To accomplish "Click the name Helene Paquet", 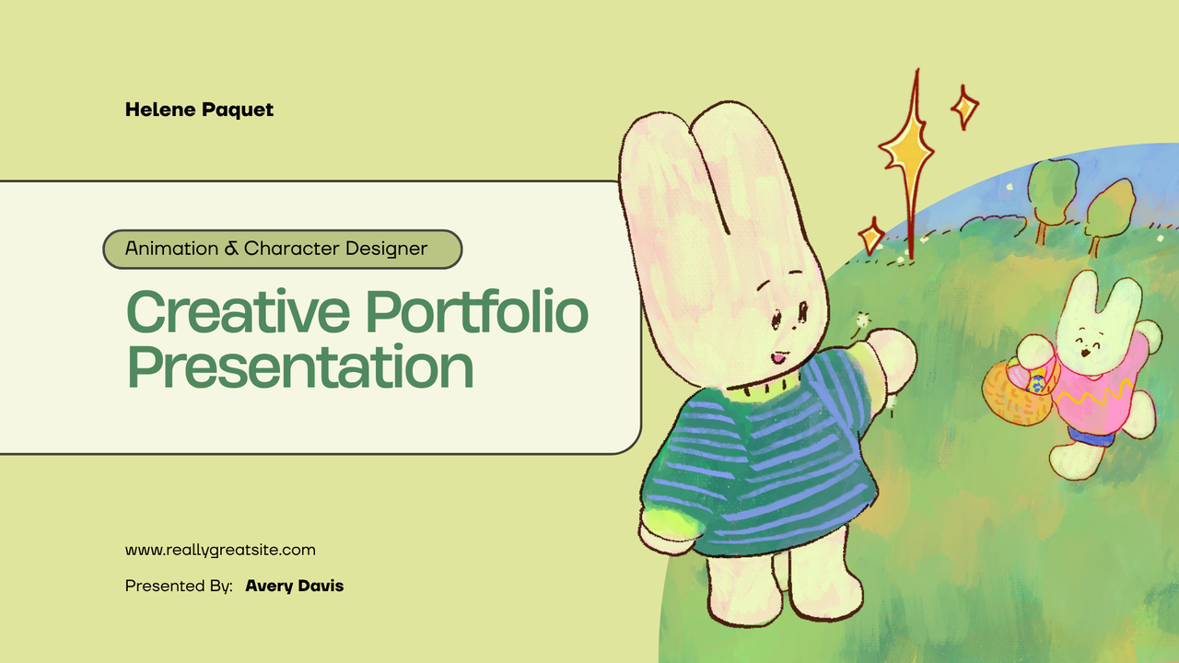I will tap(199, 110).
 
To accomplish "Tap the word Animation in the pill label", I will tap(171, 249).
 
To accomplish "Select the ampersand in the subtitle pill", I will tap(233, 249).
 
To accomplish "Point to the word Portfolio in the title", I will tap(477, 313).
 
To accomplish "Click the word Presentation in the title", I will tap(300, 366).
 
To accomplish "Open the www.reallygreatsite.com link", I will tap(220, 550).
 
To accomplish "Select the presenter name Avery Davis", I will tap(294, 586).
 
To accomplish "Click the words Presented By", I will tap(179, 586).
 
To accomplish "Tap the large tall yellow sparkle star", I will tap(906, 157).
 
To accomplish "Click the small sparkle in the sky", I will tap(964, 108).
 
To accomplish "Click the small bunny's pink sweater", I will tap(1100, 391).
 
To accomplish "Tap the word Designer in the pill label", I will tap(387, 249).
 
